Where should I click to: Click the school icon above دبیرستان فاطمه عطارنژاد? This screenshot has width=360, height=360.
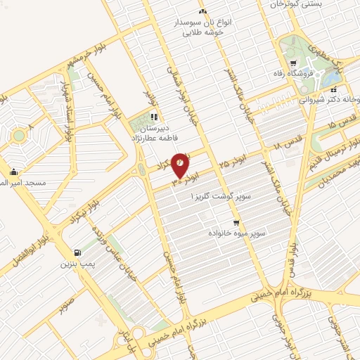[x=154, y=117]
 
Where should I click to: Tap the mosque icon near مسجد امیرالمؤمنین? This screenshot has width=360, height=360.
[x=13, y=172]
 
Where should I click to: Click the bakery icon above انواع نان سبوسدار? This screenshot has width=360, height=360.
[x=202, y=11]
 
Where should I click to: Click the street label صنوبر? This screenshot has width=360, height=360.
[x=67, y=305]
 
